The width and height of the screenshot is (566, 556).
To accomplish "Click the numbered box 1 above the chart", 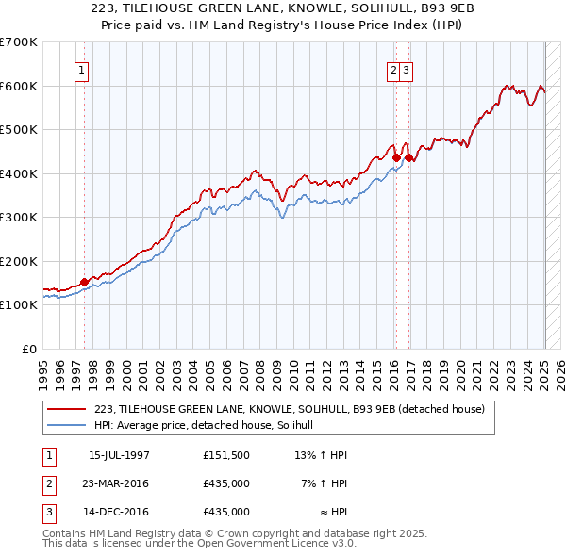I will click(81, 69).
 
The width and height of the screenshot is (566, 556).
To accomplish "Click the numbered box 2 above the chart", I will click(392, 69).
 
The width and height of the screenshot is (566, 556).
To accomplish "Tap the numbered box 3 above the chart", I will click(406, 69).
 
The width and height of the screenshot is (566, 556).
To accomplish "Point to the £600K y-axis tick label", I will click(19, 86).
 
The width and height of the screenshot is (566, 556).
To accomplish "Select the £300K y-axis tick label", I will click(19, 217).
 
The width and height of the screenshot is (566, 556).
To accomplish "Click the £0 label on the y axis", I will click(28, 349).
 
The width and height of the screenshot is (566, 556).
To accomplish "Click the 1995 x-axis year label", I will click(43, 372).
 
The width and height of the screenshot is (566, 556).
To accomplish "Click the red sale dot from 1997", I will click(85, 281).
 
